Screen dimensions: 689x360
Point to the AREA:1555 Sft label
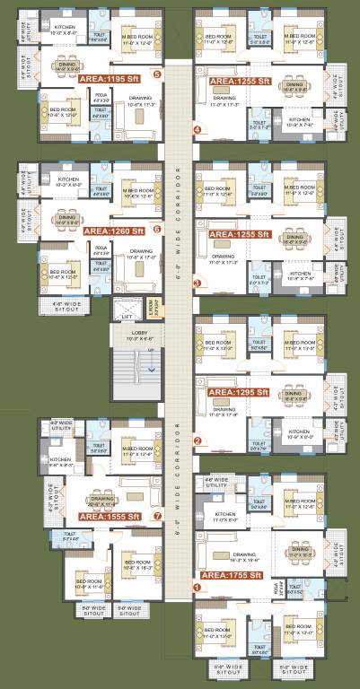[110, 517]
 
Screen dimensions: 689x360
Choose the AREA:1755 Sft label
[232, 574]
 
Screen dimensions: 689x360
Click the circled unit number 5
[157, 74]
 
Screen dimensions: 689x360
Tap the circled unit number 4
[197, 130]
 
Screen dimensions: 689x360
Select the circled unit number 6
[157, 229]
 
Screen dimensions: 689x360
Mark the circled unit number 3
[197, 283]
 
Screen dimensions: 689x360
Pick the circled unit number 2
[197, 440]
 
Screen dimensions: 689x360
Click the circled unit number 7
[157, 516]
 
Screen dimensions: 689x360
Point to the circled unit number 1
[197, 588]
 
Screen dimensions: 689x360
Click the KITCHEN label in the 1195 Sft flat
[65, 27]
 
